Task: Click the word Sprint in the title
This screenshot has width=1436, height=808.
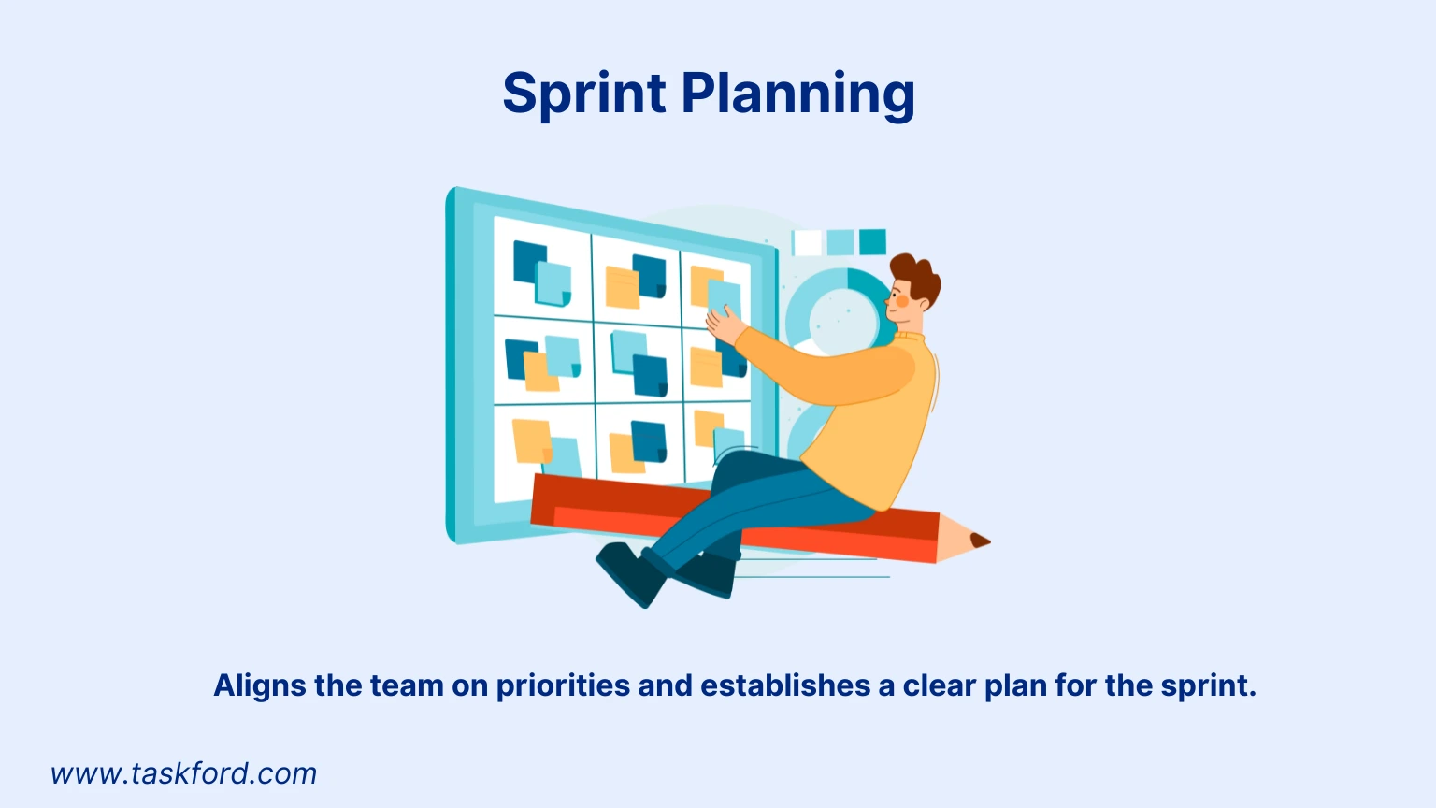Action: pos(584,94)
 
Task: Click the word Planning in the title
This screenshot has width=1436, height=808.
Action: pos(797,94)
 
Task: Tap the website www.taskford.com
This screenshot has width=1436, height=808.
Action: pos(184,773)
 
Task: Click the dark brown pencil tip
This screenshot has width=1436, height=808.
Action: pos(979,541)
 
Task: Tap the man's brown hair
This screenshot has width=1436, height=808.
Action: pos(917,273)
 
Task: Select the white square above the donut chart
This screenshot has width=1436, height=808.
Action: pos(807,242)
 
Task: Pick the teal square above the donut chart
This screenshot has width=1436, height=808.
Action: pos(871,241)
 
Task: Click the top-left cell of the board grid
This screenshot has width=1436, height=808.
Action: pos(542,271)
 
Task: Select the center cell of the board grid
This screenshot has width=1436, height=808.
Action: pos(639,363)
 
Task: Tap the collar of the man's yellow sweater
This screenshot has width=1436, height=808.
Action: pos(909,336)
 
